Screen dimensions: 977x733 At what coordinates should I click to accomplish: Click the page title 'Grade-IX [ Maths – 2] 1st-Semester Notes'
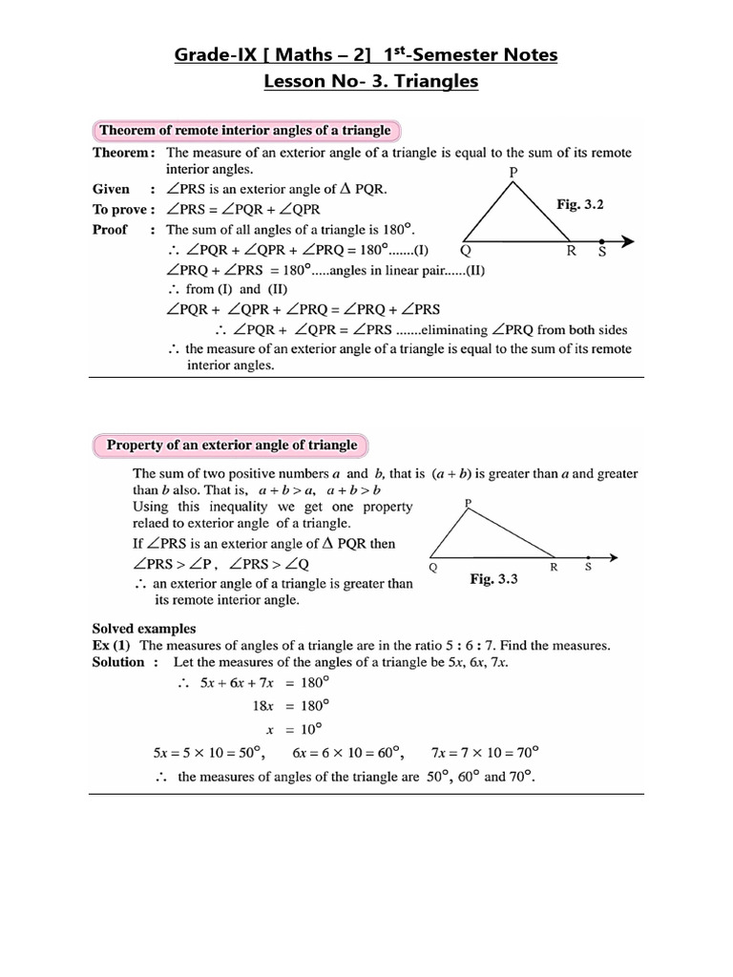[366, 54]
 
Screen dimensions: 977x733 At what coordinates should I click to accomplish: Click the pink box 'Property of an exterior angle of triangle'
[232, 445]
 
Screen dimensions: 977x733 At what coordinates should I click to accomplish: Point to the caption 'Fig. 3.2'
[580, 204]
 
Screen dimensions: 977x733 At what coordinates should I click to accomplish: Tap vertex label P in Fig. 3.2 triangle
[513, 172]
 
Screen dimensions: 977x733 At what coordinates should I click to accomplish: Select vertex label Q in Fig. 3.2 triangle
[465, 253]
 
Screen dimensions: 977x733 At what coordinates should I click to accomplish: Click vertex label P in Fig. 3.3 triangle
[467, 501]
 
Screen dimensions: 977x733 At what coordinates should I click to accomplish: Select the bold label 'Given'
[111, 189]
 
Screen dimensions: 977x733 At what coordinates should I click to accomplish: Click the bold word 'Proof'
[110, 230]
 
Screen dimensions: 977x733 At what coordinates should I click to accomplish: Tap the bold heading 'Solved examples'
[144, 628]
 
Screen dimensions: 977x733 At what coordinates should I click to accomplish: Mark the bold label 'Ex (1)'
[111, 646]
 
